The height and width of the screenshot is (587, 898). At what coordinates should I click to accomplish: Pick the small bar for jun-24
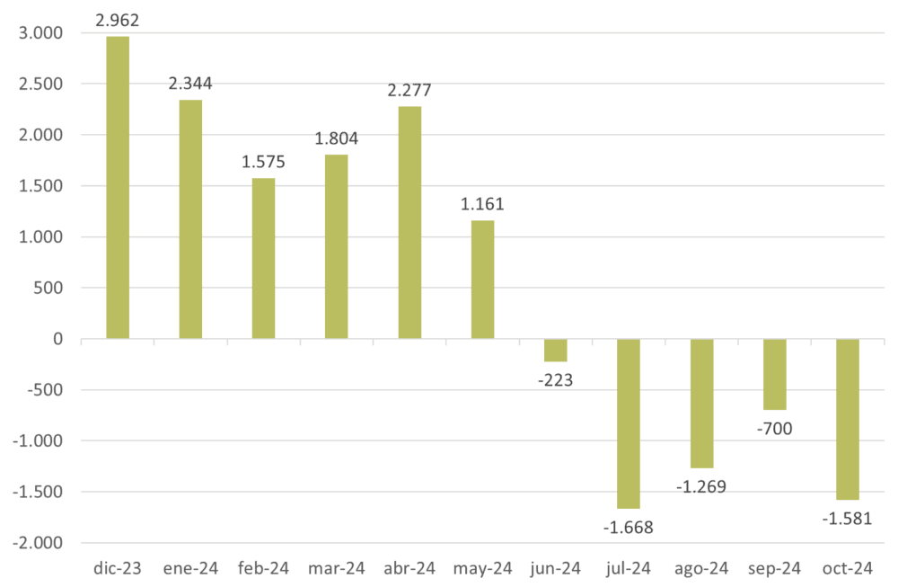[x=555, y=351]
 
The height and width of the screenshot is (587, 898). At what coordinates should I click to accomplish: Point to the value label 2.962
[x=118, y=17]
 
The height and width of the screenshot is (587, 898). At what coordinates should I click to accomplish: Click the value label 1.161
[x=482, y=204]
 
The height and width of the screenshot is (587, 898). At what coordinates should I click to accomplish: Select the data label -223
[x=555, y=379]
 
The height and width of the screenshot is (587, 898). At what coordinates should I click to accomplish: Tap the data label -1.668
[x=629, y=527]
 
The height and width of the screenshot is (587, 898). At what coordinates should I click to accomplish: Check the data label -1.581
[x=848, y=518]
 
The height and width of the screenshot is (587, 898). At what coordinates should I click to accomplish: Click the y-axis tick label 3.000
[x=40, y=33]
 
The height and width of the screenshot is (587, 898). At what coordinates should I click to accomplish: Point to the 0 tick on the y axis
[x=57, y=340]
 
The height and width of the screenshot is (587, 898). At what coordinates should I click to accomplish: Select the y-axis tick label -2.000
[x=38, y=544]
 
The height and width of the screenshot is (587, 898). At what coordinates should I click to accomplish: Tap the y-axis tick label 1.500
[x=40, y=186]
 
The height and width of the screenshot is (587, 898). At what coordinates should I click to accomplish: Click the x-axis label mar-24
[x=336, y=568]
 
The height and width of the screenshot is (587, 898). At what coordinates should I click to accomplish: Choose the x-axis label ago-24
[x=700, y=568]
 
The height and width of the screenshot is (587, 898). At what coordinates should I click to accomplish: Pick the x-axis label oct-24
[x=847, y=568]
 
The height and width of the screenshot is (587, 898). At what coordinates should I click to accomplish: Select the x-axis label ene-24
[x=190, y=568]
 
